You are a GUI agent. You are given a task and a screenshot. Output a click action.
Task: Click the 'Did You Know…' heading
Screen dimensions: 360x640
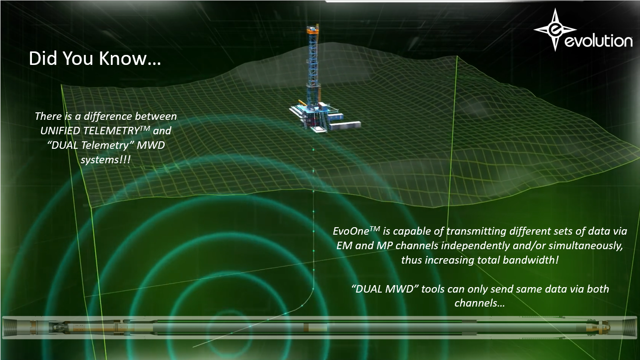point(95,58)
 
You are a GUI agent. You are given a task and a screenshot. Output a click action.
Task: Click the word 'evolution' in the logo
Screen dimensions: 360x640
point(599,41)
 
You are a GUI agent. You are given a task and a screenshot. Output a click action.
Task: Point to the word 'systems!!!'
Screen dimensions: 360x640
point(105,160)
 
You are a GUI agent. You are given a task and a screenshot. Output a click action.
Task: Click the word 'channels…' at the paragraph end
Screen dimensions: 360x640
point(479,303)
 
